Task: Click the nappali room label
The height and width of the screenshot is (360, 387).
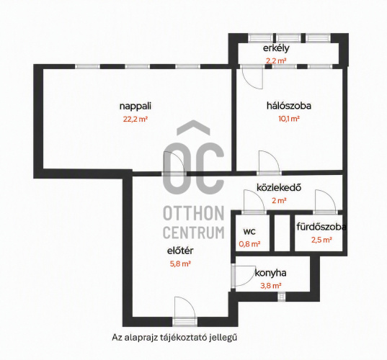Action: tap(135, 107)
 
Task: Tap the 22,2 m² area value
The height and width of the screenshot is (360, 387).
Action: tap(135, 120)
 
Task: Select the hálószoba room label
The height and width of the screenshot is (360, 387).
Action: tap(289, 106)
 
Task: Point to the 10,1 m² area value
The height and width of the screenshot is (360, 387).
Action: tap(289, 119)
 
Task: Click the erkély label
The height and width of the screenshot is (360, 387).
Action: tap(276, 48)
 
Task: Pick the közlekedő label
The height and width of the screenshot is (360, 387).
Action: tap(279, 188)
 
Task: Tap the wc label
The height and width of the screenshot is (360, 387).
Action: tap(249, 232)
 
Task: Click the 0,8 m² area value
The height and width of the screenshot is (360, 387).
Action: tap(249, 244)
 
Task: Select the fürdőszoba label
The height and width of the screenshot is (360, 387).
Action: tap(321, 227)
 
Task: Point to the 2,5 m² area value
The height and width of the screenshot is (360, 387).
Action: tap(321, 240)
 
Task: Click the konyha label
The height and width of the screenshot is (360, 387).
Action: tap(270, 273)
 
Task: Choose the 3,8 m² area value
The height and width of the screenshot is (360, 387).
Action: tap(271, 286)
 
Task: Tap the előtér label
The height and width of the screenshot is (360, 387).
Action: tap(180, 251)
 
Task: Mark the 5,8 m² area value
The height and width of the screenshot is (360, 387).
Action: tap(180, 264)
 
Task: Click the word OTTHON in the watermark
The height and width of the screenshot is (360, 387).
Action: tap(194, 213)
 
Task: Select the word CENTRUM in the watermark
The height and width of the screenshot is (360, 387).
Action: tap(194, 233)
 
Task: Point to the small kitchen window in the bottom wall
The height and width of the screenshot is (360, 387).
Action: tap(281, 297)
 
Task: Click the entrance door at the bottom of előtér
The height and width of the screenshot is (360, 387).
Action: tap(185, 322)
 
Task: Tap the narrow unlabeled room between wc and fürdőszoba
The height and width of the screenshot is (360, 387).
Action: tap(282, 233)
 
